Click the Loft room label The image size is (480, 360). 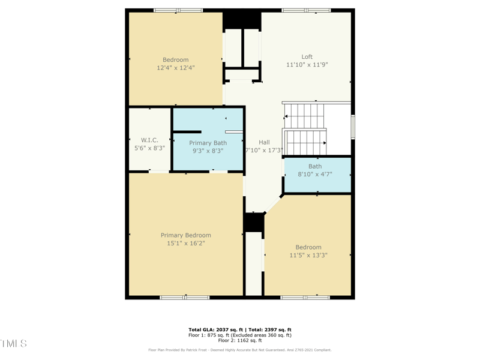pyautogui.click(x=307, y=57)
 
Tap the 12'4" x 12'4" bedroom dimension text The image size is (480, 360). pyautogui.click(x=176, y=68)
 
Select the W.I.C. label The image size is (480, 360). pyautogui.click(x=149, y=140)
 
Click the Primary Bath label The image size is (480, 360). pyautogui.click(x=208, y=143)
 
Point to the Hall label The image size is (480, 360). pyautogui.click(x=264, y=142)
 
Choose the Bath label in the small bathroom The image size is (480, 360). pyautogui.click(x=315, y=166)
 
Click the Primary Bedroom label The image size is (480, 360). pyautogui.click(x=185, y=235)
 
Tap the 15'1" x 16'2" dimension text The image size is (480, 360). pyautogui.click(x=185, y=244)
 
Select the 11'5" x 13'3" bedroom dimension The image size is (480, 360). pyautogui.click(x=308, y=255)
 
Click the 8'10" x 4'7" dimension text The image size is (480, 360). pyautogui.click(x=315, y=175)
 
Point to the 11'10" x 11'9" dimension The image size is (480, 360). pyautogui.click(x=307, y=65)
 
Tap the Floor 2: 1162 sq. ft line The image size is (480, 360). pyautogui.click(x=240, y=340)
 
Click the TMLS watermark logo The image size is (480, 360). pyautogui.click(x=13, y=344)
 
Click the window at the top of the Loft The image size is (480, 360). pyautogui.click(x=306, y=10)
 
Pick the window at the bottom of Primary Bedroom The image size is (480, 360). pyautogui.click(x=184, y=297)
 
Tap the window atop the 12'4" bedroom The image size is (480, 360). pyautogui.click(x=178, y=10)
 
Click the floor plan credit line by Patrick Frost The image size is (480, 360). pyautogui.click(x=240, y=350)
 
